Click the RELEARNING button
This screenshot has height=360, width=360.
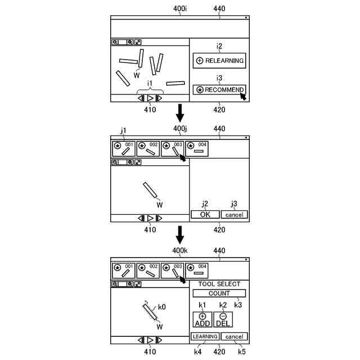pos(219,61)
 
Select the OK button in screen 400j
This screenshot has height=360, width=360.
pos(205,215)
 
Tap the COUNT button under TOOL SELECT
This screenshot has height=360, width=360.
pos(219,293)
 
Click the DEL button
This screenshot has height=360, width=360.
pos(223,319)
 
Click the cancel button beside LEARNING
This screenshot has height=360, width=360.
pos(234,336)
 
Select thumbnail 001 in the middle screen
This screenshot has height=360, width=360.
pos(123,148)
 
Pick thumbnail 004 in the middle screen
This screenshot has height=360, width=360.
pos(197,148)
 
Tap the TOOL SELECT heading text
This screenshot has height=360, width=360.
pos(219,284)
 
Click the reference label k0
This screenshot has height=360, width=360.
pos(161,307)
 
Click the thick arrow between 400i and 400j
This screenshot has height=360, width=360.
pos(180,112)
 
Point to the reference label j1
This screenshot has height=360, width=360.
pos(123,130)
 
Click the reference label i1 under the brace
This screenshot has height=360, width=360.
pos(150,83)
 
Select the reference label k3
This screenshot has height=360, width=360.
pos(238,305)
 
